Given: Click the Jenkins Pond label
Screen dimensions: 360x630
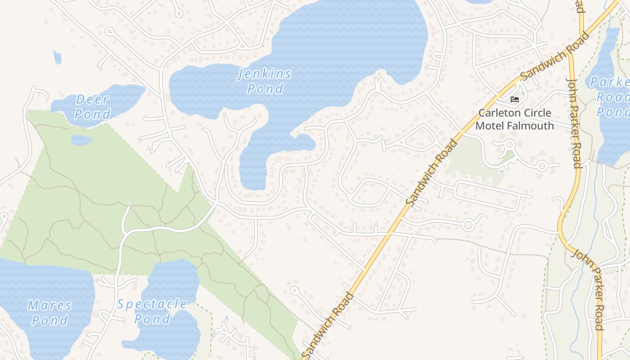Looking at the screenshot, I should (x=265, y=81).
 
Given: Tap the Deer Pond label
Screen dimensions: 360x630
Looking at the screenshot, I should (x=93, y=107).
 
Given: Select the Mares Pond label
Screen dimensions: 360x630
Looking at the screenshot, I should (x=49, y=313).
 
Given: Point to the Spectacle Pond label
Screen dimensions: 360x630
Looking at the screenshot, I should (x=152, y=311).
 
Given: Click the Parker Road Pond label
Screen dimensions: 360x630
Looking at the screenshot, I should (x=612, y=97).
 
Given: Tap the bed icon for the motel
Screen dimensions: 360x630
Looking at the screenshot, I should (x=515, y=99).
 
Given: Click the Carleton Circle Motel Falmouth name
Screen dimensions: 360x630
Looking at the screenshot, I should (x=515, y=119).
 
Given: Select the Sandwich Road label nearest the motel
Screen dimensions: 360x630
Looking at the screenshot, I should (x=554, y=56).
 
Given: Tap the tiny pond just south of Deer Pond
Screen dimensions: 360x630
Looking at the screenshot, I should (x=81, y=140).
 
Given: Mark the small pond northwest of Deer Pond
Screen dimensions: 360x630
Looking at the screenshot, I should (x=57, y=57).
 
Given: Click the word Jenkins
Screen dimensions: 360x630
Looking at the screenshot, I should (x=265, y=74).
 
